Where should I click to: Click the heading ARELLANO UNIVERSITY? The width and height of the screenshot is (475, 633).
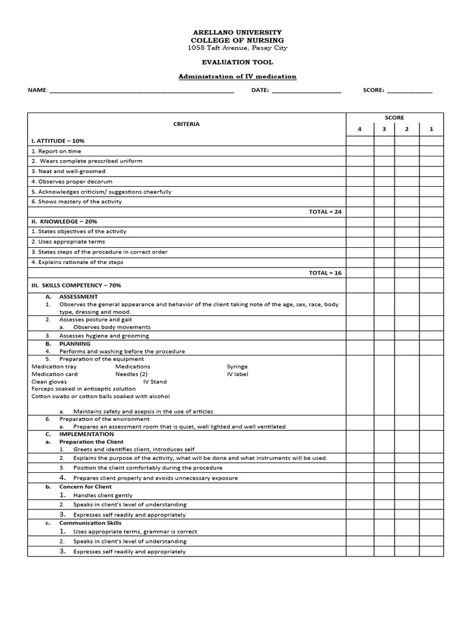tap(237, 32)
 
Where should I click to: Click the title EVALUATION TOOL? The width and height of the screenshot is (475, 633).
tap(237, 62)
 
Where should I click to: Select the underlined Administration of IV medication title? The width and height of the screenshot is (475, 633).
tap(237, 77)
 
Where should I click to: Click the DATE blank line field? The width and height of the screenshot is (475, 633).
tap(306, 90)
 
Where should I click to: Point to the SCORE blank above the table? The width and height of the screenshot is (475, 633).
tap(409, 90)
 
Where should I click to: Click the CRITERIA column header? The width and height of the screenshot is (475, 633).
tap(186, 124)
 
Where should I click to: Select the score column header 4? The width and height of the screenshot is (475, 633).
tap(359, 129)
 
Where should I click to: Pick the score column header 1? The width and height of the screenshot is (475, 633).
tap(431, 129)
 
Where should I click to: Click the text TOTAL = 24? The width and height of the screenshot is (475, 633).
tap(325, 211)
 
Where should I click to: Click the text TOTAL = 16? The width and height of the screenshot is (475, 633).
tap(325, 273)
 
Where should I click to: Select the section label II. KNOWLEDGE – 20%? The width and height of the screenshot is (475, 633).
tap(64, 221)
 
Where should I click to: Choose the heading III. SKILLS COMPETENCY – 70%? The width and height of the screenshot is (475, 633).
tap(76, 286)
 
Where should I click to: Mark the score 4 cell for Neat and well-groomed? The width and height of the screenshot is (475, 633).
tap(359, 171)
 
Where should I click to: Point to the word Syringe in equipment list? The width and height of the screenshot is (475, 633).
tap(237, 367)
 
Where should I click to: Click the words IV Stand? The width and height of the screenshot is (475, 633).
tap(155, 382)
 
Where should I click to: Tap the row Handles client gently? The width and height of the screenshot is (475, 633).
tap(103, 495)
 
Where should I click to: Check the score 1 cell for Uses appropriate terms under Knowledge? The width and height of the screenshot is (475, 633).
tap(431, 242)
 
